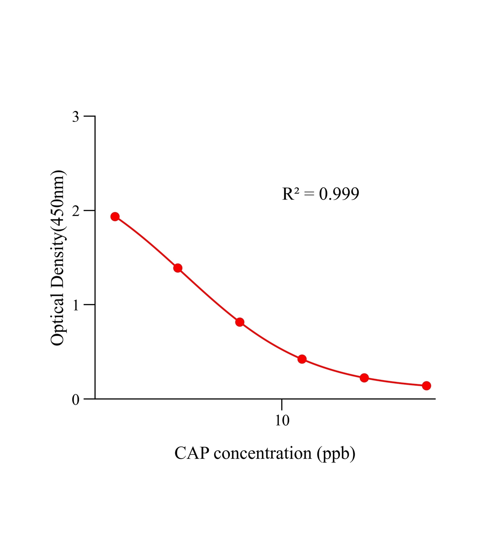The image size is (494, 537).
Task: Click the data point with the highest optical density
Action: point(115,216)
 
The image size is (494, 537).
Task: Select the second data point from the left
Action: point(178,268)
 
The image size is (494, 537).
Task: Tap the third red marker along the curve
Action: point(240,322)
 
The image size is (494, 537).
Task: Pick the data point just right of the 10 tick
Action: point(302,359)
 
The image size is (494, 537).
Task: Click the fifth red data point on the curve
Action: point(364,378)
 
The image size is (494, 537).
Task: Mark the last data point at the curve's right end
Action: point(426,386)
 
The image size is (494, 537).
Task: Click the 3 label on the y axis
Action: point(76,117)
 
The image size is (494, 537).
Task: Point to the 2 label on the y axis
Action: point(76,211)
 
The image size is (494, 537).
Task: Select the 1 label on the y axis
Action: point(76,305)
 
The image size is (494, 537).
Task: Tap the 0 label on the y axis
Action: point(76,400)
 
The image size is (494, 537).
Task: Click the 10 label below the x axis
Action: point(282,420)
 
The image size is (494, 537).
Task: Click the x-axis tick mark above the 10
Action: point(282,404)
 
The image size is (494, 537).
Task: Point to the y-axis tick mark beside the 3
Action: point(89,116)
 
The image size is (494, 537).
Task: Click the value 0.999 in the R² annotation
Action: point(339,194)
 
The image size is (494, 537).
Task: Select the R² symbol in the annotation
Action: point(291,194)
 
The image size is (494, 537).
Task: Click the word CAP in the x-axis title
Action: point(192,453)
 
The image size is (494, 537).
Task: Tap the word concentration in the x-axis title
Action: point(263,453)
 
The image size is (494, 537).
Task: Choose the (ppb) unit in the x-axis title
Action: point(336,454)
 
